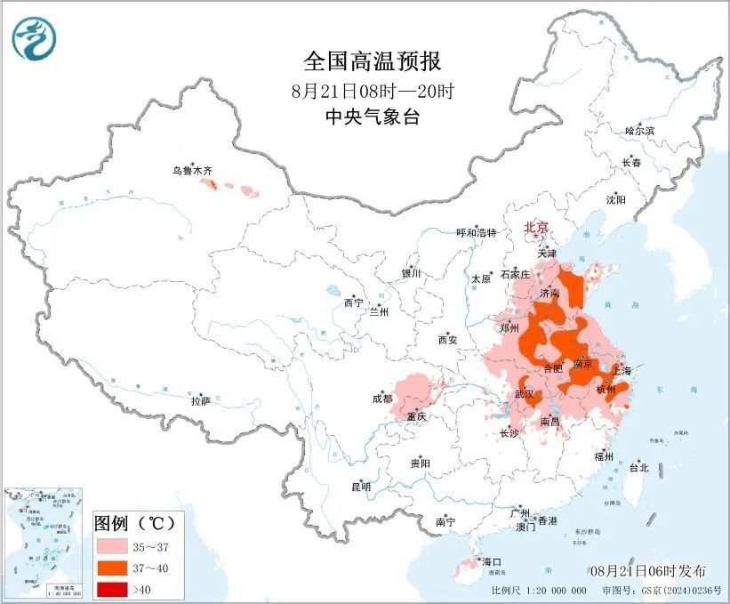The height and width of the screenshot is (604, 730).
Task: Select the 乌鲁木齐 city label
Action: click(193, 169)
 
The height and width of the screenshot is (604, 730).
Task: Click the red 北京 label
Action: click(536, 227)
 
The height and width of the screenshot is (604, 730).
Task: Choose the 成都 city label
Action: click(382, 399)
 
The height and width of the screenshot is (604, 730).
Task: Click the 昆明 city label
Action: click(360, 487)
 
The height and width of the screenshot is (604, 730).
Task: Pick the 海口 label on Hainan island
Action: click(492, 561)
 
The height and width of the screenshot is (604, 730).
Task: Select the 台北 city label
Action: click(638, 467)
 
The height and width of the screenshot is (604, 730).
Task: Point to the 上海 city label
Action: click(622, 370)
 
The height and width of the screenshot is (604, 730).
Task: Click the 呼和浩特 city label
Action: click(477, 232)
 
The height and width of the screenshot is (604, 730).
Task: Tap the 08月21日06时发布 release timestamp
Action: click(646, 570)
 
